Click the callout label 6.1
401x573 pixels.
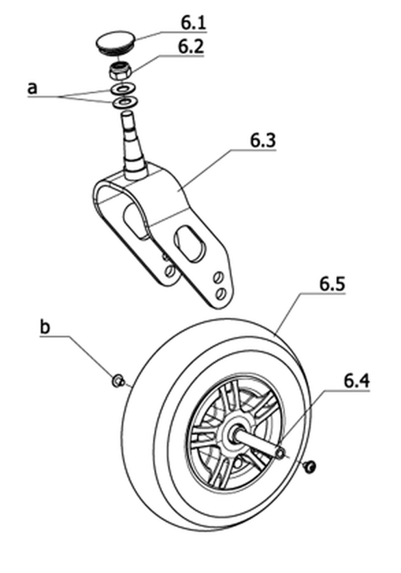(x=194, y=23)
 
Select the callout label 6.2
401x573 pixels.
(x=190, y=47)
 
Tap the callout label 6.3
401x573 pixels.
(x=263, y=141)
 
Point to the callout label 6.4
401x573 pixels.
(x=357, y=381)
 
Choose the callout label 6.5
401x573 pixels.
(x=332, y=284)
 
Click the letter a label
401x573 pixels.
(x=32, y=88)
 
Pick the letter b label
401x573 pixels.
(x=44, y=327)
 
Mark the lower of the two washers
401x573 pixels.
(x=124, y=101)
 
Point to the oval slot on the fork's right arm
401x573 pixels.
(x=190, y=243)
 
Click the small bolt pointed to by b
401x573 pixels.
(x=118, y=381)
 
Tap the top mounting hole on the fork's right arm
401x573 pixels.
(x=218, y=277)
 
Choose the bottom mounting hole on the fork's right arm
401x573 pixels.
(x=220, y=293)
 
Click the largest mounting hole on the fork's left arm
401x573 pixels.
(x=170, y=271)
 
